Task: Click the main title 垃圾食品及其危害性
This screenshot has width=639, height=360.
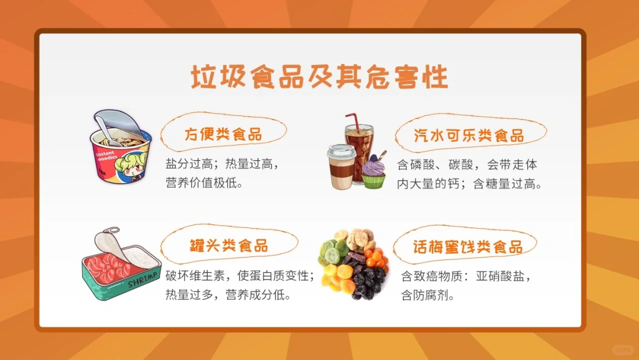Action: [x=319, y=76]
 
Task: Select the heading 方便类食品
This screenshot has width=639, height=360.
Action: [x=223, y=134]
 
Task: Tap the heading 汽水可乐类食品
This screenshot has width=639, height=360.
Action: [x=469, y=135]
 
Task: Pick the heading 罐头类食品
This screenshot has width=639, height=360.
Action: [x=228, y=246]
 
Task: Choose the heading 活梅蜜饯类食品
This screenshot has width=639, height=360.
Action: [x=467, y=246]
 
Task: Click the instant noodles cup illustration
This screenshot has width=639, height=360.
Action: [x=120, y=147]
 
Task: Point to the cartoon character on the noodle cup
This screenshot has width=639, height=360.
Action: [x=131, y=166]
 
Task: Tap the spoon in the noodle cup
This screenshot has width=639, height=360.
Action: [x=105, y=129]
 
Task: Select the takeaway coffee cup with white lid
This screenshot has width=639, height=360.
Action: [x=341, y=166]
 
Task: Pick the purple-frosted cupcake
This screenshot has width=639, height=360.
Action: [x=373, y=171]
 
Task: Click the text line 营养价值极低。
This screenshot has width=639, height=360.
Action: [x=204, y=182]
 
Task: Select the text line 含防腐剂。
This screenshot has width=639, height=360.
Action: [x=428, y=295]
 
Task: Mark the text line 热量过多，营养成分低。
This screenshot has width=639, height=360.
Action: [x=228, y=294]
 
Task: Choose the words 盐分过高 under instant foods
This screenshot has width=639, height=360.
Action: [x=189, y=164]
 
